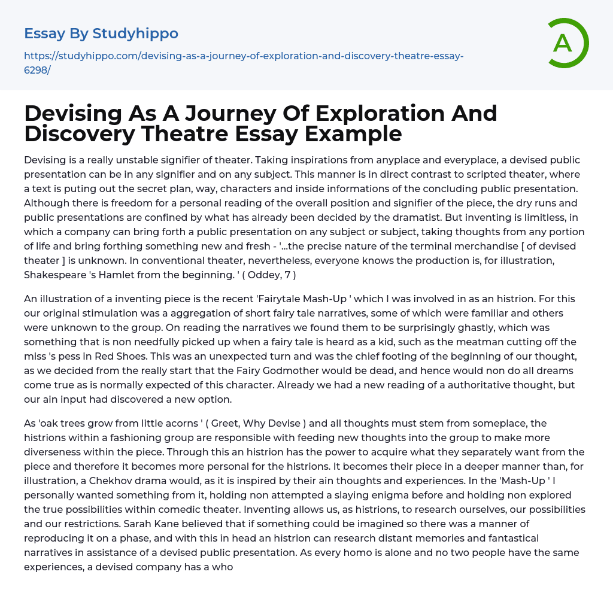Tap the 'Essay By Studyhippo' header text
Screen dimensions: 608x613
tap(101, 34)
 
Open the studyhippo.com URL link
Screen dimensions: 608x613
tap(244, 62)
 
